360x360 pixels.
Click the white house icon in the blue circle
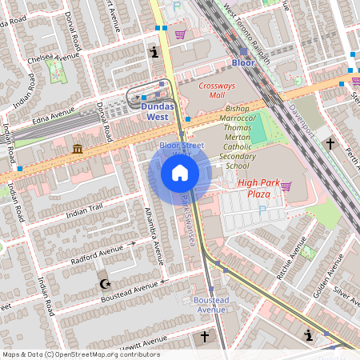point(179,173)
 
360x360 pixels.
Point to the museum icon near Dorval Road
point(77,150)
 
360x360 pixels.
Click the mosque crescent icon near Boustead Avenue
point(103,284)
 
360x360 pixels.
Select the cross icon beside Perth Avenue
point(330,143)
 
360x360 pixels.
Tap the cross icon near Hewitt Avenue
point(205,337)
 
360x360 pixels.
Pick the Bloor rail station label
point(242,62)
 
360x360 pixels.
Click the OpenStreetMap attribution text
point(80,354)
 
